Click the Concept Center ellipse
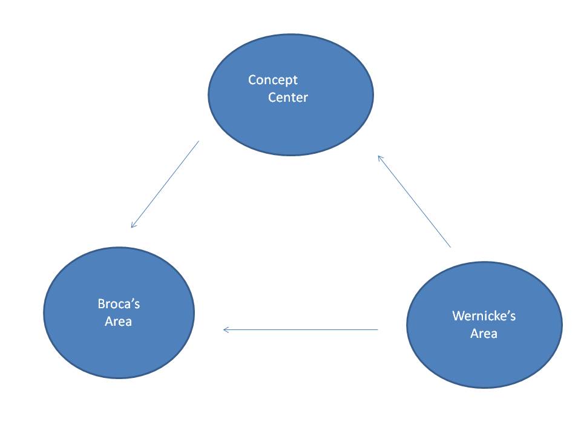click(291, 95)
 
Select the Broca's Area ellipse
click(119, 312)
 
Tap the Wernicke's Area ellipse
click(484, 325)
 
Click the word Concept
click(273, 80)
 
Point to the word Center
click(288, 97)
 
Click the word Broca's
click(119, 303)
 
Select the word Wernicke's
click(484, 315)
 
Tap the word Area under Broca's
click(118, 321)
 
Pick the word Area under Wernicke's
click(484, 333)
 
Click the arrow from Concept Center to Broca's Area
click(165, 184)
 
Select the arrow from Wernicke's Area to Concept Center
click(414, 201)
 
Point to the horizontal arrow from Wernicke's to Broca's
click(301, 329)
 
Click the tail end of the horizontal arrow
click(378, 329)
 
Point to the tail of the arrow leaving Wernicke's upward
click(450, 247)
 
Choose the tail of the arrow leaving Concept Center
click(199, 141)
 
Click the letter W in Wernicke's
click(458, 315)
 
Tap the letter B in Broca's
click(102, 304)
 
